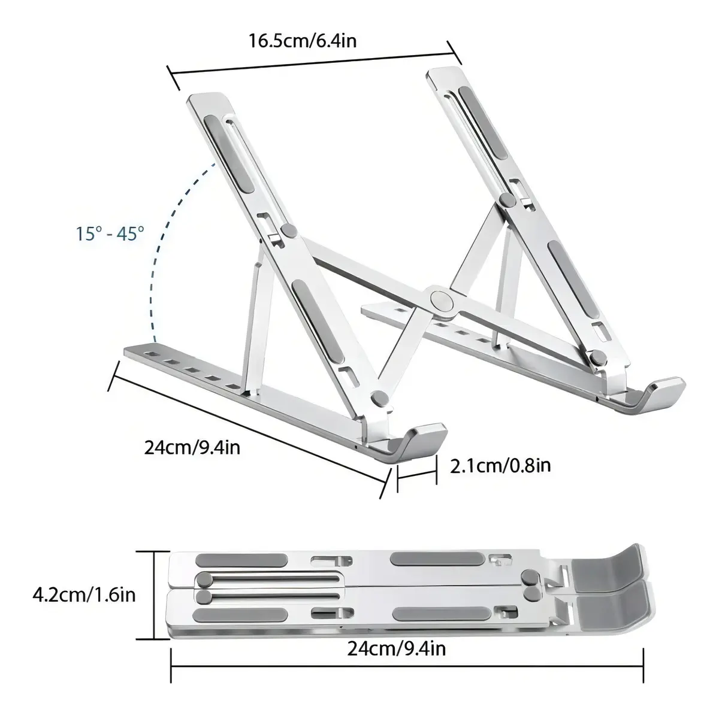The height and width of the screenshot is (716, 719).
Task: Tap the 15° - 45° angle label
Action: (x=110, y=233)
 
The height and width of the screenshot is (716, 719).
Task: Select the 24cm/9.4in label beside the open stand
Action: (x=192, y=447)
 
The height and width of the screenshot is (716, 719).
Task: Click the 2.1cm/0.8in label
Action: (x=500, y=465)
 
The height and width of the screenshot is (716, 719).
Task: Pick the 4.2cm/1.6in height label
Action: (x=84, y=595)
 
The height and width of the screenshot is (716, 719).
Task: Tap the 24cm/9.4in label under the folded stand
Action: (x=397, y=648)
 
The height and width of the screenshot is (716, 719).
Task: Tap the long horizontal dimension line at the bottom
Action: (x=407, y=665)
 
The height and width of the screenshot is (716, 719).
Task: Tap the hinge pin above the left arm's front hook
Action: (x=379, y=397)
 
